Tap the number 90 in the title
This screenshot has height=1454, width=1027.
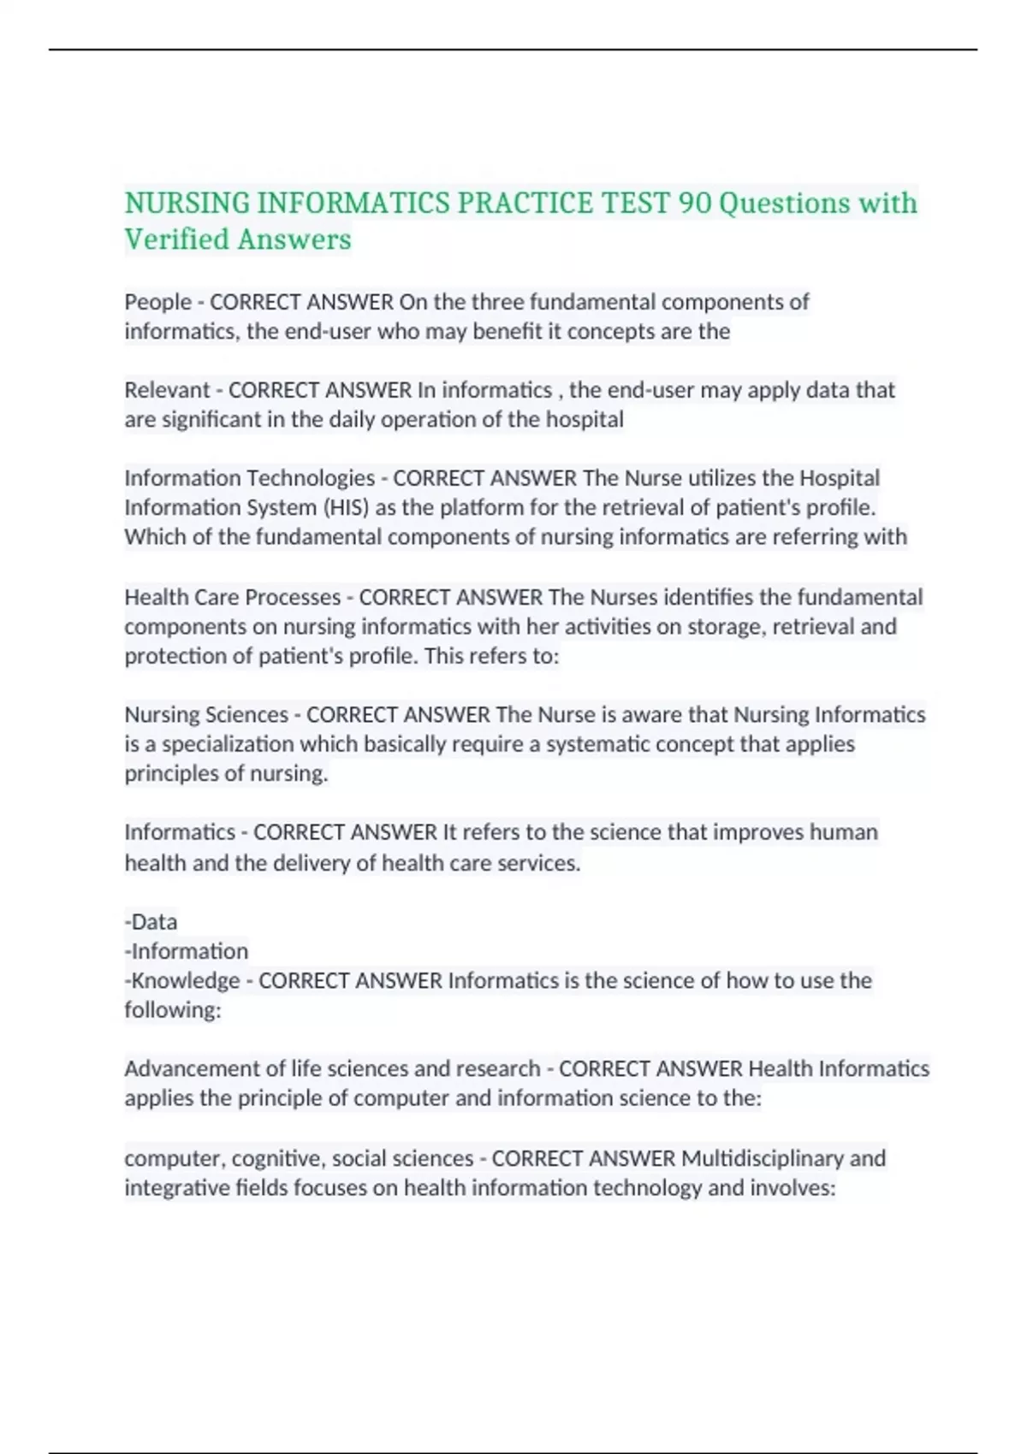[694, 204]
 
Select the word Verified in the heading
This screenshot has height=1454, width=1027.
[176, 239]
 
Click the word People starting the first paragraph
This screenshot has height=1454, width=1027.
[157, 302]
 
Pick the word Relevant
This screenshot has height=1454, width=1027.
[167, 390]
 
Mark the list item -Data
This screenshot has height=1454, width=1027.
[151, 922]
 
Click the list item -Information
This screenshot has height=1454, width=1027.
[187, 951]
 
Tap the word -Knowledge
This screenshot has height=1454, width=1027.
[182, 980]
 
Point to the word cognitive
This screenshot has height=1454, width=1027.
[277, 1159]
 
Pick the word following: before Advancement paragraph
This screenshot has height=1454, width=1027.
[172, 1010]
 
